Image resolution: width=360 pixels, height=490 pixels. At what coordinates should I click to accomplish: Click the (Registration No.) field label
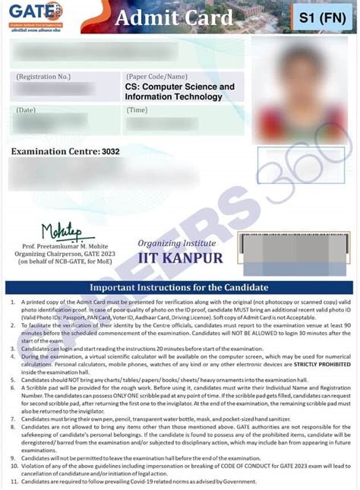pos(43,77)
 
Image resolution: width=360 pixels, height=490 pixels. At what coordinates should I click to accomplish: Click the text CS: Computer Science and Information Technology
pos(180,92)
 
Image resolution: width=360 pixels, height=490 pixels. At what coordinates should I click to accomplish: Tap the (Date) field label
pos(26,111)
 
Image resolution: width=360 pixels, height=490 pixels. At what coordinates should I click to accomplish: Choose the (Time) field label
pos(137,111)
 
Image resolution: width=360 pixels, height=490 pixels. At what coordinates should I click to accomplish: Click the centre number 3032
pos(111,152)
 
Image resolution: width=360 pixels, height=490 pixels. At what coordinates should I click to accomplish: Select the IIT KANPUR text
pos(180,258)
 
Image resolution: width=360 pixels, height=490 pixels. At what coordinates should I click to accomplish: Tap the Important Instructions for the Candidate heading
pos(179,288)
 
